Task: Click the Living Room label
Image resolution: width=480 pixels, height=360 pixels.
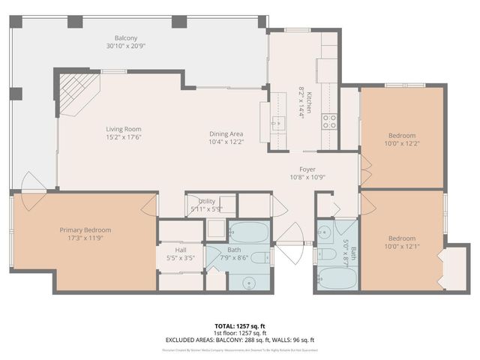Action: pos(123,129)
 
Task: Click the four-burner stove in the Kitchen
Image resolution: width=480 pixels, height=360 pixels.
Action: pos(329,121)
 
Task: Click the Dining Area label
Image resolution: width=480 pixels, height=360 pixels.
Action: pos(226,134)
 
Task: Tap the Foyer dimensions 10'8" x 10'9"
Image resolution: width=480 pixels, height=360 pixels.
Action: pos(308,178)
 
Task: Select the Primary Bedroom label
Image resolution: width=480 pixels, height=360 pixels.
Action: pos(85,230)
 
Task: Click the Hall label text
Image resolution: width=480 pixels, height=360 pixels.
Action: pos(181,250)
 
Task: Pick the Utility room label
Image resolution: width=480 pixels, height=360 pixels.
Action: pos(207,202)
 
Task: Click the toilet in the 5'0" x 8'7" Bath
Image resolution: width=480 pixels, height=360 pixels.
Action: pos(325,232)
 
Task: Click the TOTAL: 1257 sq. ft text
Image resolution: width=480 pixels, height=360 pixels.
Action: pos(239,326)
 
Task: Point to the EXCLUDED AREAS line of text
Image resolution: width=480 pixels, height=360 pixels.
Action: pos(239,340)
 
